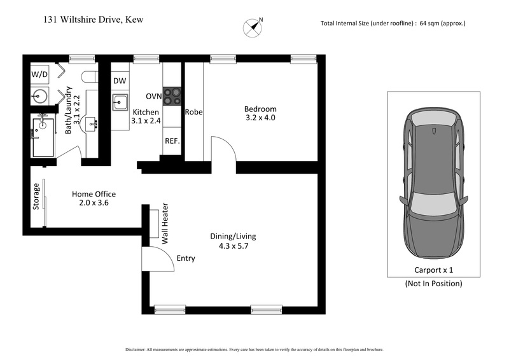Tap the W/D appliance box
pyautogui.click(x=39, y=74)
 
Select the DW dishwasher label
pyautogui.click(x=120, y=81)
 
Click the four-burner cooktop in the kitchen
pyautogui.click(x=172, y=95)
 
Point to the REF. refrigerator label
pyautogui.click(x=172, y=141)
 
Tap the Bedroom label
pyautogui.click(x=261, y=109)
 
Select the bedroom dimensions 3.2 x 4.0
pyautogui.click(x=261, y=118)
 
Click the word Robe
pyautogui.click(x=193, y=112)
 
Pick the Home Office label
pyautogui.click(x=94, y=194)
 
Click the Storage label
pyautogui.click(x=37, y=197)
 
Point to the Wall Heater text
pyautogui.click(x=165, y=224)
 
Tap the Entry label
pyautogui.click(x=186, y=258)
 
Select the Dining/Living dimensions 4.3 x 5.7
pyautogui.click(x=233, y=246)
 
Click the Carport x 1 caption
pyautogui.click(x=433, y=270)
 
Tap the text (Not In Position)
pyautogui.click(x=433, y=284)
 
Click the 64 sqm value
pyautogui.click(x=433, y=24)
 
